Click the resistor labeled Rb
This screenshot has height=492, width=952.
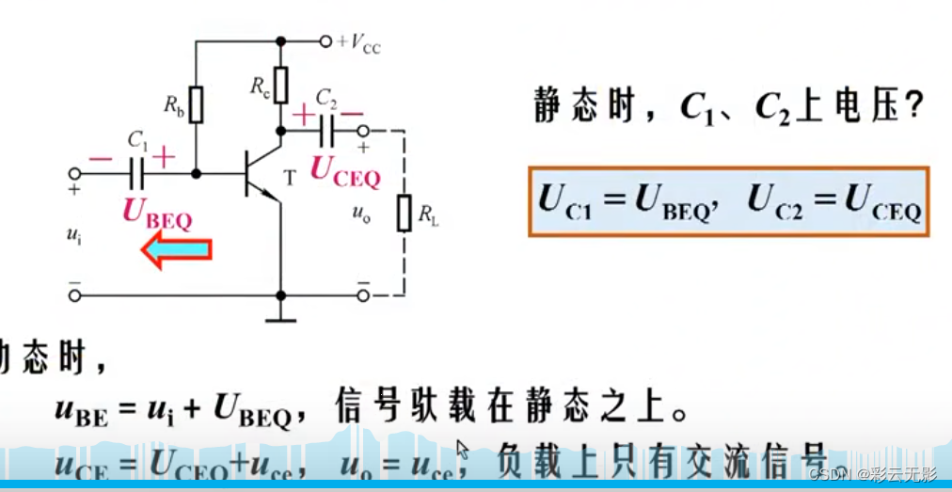(196, 105)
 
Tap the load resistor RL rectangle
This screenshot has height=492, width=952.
(404, 213)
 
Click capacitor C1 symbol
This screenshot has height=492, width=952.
(137, 174)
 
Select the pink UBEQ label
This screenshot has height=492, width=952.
(157, 214)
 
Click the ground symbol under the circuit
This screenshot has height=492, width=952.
(280, 318)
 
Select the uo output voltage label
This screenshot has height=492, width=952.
(360, 214)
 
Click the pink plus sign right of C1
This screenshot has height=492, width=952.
(164, 157)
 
